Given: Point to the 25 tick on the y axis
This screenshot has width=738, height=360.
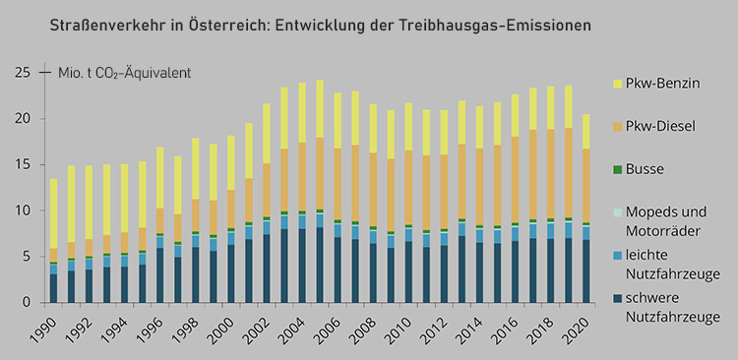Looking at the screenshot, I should pos(22,73).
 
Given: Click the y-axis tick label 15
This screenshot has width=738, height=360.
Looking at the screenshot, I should pos(22,164).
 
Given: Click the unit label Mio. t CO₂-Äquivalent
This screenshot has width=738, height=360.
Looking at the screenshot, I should pos(125,74).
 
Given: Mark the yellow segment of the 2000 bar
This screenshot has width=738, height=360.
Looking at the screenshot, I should pos(231,162).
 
